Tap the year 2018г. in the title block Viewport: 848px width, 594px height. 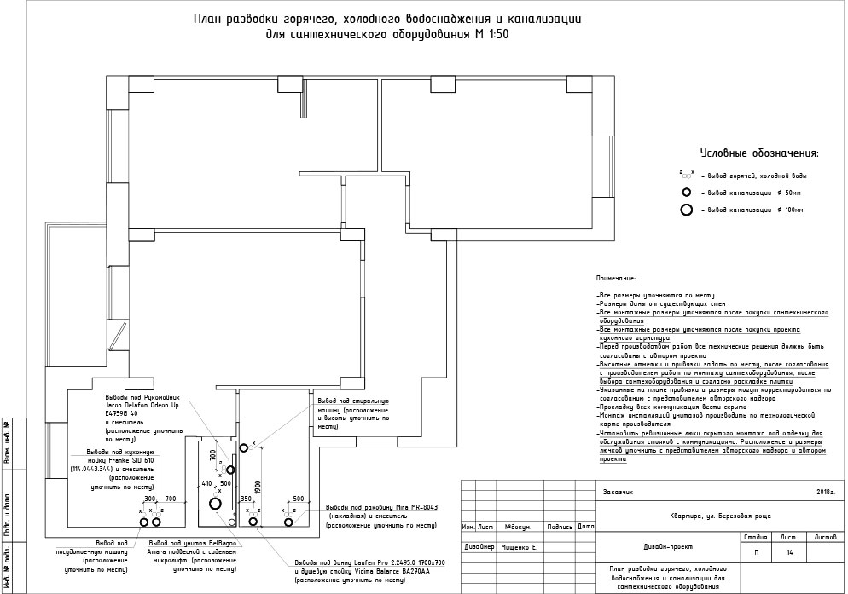[x=824, y=493]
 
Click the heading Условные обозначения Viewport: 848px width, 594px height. [x=758, y=153]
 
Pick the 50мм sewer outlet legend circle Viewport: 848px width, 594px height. [x=686, y=193]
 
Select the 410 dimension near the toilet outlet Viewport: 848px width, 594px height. [x=206, y=483]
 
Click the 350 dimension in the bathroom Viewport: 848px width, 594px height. [x=247, y=499]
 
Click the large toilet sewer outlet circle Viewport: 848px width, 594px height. [x=215, y=503]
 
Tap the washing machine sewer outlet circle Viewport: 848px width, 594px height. [x=243, y=445]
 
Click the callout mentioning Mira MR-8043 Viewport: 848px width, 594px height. [x=380, y=516]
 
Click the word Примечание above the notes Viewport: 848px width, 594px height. [x=616, y=279]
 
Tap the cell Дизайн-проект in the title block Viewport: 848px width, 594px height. [x=655, y=547]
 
